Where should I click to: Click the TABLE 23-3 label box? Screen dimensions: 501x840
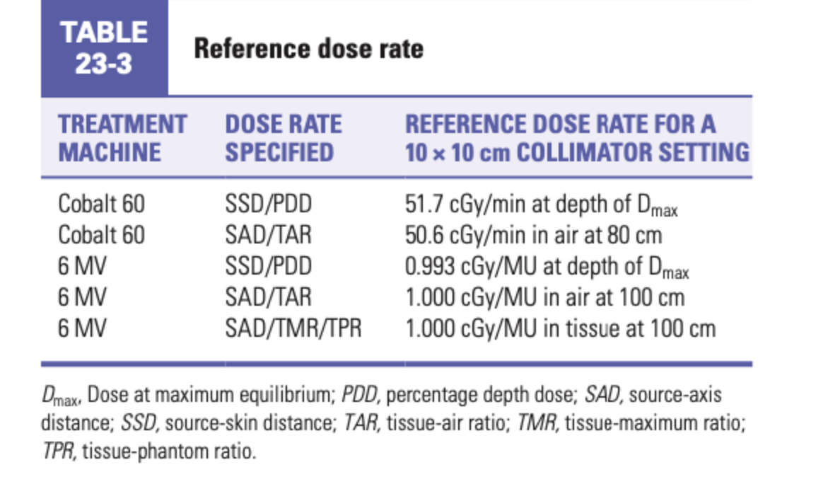104,48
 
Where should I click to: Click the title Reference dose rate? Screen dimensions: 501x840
308,49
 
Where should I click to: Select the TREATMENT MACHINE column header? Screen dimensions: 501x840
122,138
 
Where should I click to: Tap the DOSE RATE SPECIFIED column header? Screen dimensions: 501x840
283,138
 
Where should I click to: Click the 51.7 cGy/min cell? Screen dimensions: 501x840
541,205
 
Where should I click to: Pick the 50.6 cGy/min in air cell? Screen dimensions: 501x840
533,235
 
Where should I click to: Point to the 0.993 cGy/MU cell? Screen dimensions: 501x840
546,267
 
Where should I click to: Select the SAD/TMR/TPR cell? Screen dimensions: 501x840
293,328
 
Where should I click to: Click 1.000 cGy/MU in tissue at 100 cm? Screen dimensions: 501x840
560,328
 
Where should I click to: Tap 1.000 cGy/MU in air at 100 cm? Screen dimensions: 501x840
544,297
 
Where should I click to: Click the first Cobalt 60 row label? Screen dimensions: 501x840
101,205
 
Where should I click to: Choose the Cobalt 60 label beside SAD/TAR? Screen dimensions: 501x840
101,235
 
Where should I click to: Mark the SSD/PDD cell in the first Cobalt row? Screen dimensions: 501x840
268,205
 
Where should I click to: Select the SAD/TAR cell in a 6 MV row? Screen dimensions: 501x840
268,297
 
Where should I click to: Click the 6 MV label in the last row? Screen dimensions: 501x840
81,328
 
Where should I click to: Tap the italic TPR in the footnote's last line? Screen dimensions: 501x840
57,451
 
